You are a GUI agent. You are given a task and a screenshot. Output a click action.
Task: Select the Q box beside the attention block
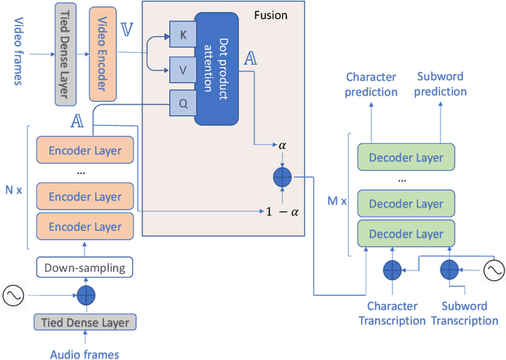[181, 102]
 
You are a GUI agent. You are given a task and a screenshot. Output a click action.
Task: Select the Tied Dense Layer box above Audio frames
[85, 321]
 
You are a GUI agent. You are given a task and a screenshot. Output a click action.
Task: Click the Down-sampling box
[85, 267]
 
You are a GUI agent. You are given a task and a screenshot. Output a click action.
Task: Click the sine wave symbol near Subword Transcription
[493, 270]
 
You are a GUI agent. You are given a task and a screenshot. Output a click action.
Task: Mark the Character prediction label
[372, 85]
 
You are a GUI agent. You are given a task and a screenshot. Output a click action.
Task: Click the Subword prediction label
[442, 85]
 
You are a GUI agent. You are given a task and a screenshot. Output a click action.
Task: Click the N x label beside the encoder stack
[13, 189]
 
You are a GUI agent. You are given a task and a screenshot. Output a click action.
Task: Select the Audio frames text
[85, 354]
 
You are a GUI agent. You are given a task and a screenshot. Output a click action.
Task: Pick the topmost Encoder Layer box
[85, 150]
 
